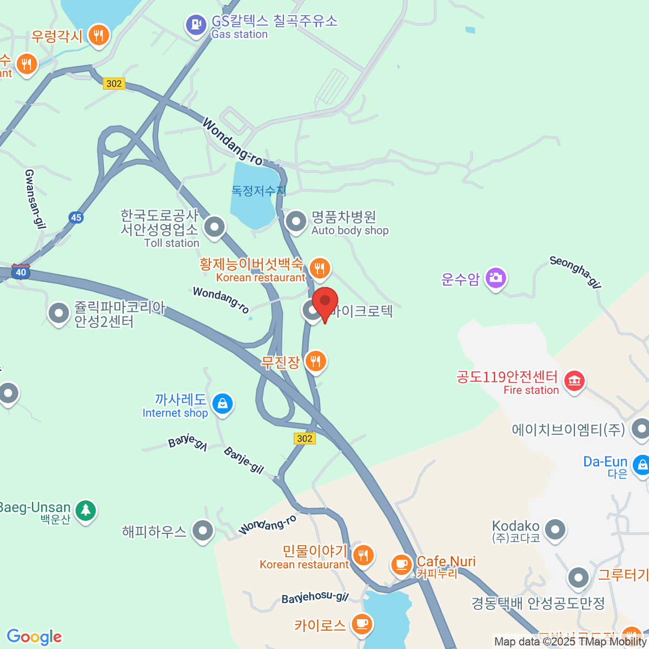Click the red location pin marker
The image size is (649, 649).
(x=325, y=303)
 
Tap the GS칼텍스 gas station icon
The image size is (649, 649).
(x=196, y=24)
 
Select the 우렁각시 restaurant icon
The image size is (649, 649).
(x=98, y=36)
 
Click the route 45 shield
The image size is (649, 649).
(x=76, y=217)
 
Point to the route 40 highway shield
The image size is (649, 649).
(x=21, y=271)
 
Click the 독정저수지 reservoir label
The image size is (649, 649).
(x=259, y=191)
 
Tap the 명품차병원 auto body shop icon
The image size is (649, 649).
(x=296, y=221)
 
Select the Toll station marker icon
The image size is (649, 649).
(x=215, y=227)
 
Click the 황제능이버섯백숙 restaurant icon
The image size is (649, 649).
(x=320, y=268)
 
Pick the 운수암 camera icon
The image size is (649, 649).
(x=495, y=278)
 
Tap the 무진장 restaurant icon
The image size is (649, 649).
(x=315, y=361)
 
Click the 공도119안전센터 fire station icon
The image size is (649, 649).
(x=574, y=381)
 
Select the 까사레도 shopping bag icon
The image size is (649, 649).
(x=222, y=403)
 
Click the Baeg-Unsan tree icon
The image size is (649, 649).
(x=85, y=509)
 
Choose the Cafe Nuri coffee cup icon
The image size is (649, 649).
(x=401, y=565)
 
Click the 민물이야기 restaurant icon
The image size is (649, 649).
(x=363, y=555)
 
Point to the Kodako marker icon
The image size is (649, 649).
(x=555, y=530)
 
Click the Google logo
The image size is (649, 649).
(x=34, y=637)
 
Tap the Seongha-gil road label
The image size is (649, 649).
(x=575, y=271)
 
